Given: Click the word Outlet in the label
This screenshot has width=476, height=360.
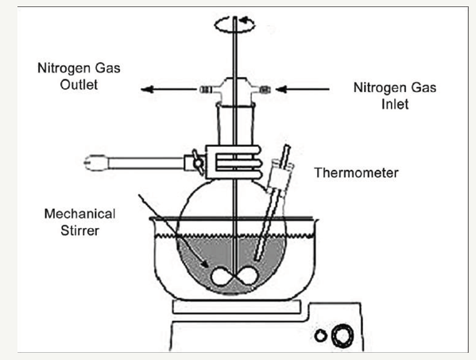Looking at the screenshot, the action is pos(79,85).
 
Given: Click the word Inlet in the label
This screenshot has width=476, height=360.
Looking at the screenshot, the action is pos(395,104).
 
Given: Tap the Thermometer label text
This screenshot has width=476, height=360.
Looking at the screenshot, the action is pos(356,172).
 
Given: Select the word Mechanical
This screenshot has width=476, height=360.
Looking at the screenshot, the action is pos(79,214).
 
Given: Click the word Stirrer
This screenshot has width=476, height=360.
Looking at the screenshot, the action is pos(79,230).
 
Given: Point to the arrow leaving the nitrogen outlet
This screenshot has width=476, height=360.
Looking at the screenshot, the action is pos(168,89).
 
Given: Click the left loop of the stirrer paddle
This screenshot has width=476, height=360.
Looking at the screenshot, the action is pos(222,277).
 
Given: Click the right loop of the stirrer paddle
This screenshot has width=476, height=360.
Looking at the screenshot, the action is pos(247,276).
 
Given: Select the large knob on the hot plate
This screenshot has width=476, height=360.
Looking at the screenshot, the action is pos(342,335).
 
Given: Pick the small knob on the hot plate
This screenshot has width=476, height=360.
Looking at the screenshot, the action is pos(320,335).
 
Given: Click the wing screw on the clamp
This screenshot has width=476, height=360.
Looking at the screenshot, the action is pos(198,162).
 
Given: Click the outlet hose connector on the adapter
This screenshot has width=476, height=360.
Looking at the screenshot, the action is pos(207,90).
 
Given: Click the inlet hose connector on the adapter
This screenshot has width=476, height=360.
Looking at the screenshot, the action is pos(265,90).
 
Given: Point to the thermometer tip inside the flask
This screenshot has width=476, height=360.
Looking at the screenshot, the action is pos(257,258).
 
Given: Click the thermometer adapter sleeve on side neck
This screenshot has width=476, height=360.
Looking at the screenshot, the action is pos(280,176).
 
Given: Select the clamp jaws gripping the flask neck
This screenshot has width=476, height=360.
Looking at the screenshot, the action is pos(233,162).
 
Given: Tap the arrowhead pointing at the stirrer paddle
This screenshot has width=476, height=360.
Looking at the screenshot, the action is pos(206,264).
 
